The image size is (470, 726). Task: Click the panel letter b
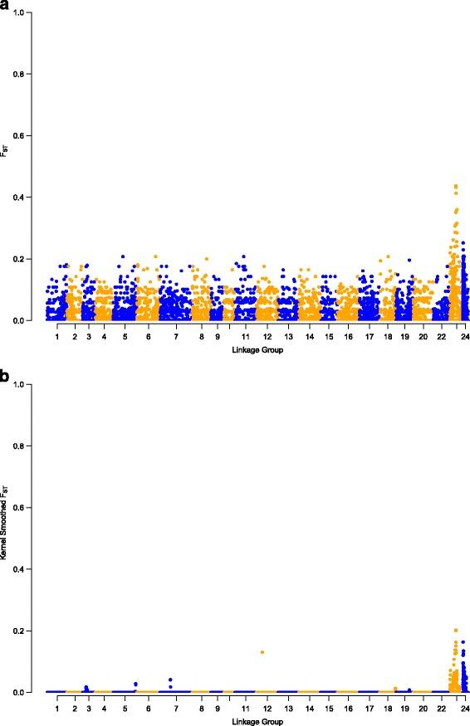click(x=5, y=376)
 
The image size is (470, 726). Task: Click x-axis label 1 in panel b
click(x=57, y=709)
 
